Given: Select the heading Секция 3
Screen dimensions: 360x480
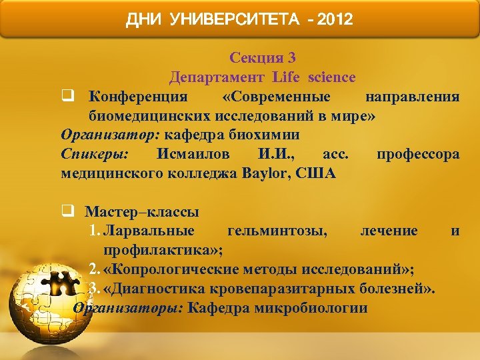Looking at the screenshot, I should coord(262,58).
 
